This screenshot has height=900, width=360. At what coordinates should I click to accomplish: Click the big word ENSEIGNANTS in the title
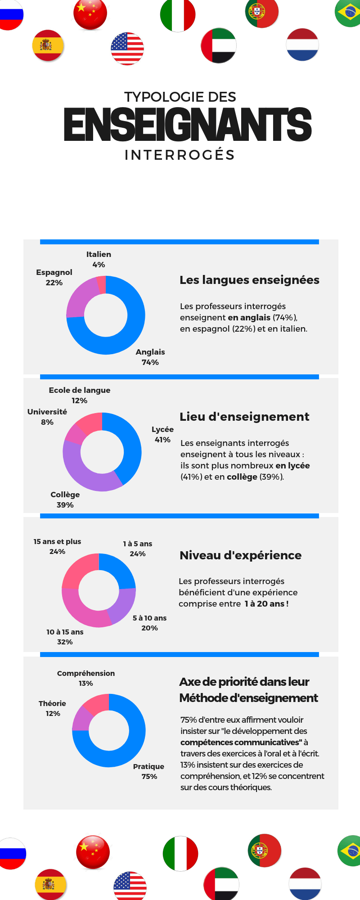point(188,124)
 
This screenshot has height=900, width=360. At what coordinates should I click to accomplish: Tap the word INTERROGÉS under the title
point(180,155)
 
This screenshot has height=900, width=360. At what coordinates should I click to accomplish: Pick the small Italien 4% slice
point(101,285)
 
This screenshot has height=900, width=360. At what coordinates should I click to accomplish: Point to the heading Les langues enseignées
point(249,280)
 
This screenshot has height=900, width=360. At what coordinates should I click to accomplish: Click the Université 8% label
point(47,417)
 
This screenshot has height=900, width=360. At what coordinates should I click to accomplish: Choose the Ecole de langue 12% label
point(80,395)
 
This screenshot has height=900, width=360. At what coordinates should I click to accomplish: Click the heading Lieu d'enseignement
point(244,417)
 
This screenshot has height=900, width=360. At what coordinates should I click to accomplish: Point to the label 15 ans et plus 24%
point(57,546)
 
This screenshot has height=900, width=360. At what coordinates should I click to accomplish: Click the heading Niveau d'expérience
point(240,555)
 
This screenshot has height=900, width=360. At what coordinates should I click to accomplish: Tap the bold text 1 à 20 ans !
point(266,603)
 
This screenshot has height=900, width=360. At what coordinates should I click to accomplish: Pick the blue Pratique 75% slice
point(130,742)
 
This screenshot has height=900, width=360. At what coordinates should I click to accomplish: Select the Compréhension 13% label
point(86,678)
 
